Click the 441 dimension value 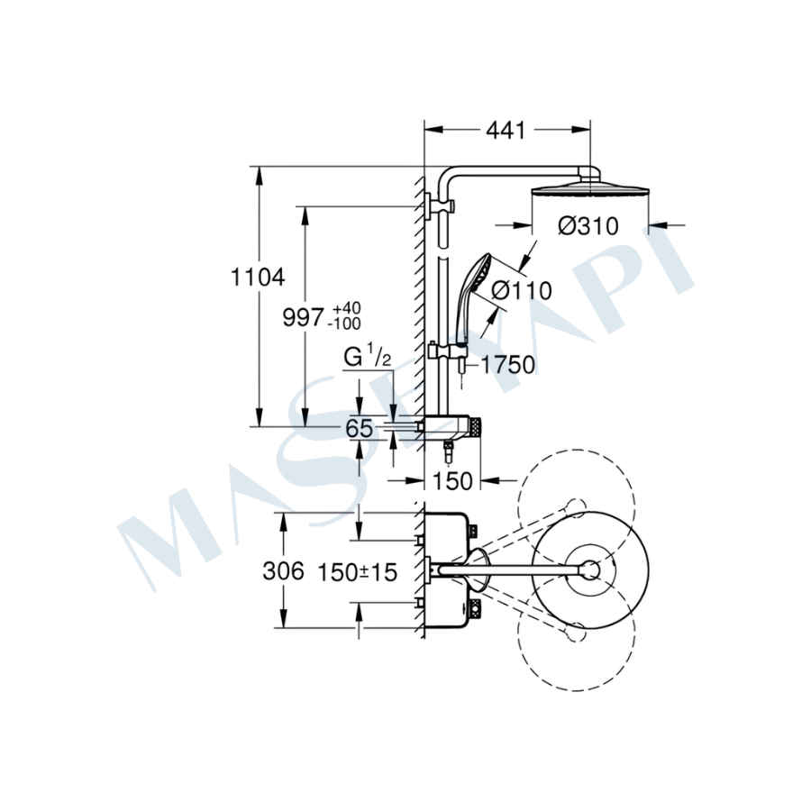[506, 131]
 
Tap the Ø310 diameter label [588, 226]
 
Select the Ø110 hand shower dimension [522, 290]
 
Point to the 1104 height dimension [258, 278]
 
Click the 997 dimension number [303, 317]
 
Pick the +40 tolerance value [347, 308]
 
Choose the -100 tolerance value [344, 323]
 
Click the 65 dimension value [359, 428]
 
